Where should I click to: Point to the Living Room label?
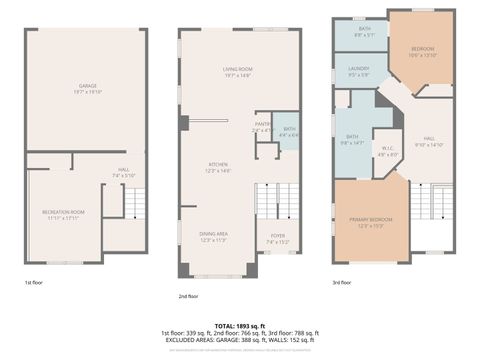click(x=237, y=71)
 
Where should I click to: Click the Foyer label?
click(x=277, y=238)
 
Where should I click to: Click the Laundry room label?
click(x=359, y=71)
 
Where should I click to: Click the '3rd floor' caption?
click(x=341, y=283)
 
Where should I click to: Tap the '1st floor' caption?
click(x=33, y=283)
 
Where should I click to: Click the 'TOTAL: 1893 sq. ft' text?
click(x=239, y=323)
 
